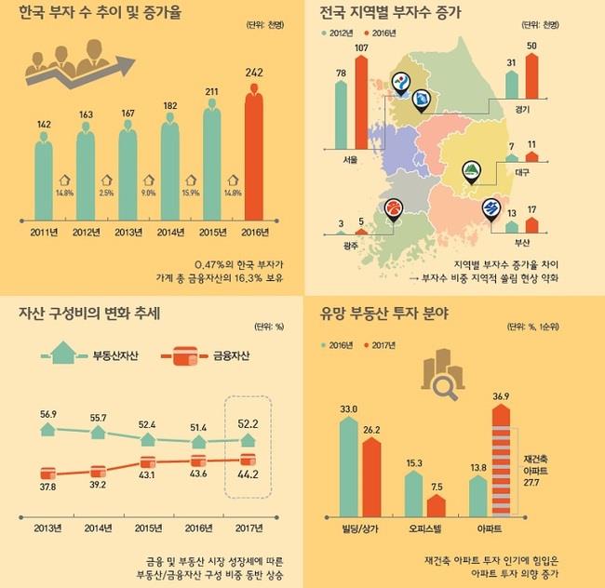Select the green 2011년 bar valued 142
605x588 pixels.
tap(44, 179)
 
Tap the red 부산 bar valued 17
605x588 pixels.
tap(531, 224)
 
